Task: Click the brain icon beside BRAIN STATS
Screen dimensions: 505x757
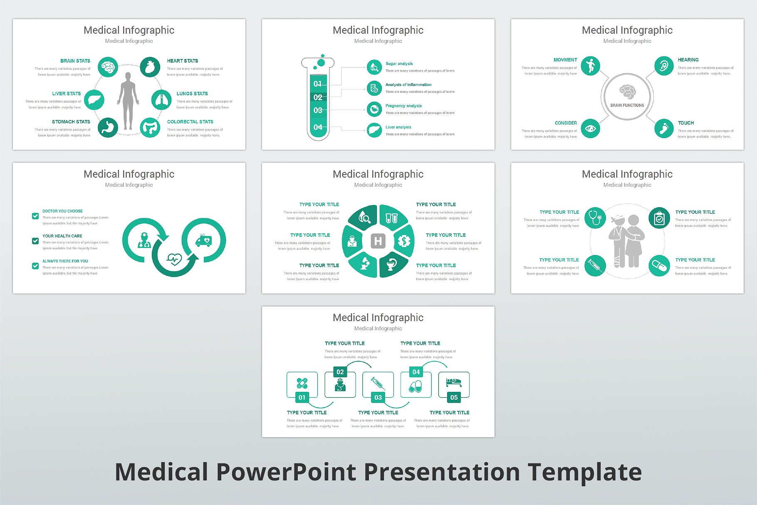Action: click(108, 67)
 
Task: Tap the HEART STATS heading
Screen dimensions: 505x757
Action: click(182, 61)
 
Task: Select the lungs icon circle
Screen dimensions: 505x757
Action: click(161, 100)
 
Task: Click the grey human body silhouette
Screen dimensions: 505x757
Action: click(128, 101)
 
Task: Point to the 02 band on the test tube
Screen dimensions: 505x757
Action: click(318, 97)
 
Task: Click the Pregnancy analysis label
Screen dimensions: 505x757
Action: click(403, 106)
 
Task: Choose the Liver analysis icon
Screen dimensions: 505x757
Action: click(374, 130)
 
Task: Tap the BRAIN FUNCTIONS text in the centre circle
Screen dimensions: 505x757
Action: click(627, 105)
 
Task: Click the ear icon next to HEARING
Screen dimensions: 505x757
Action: click(663, 66)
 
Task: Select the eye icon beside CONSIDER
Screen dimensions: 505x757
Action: click(590, 129)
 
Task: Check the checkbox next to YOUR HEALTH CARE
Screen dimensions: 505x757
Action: click(35, 241)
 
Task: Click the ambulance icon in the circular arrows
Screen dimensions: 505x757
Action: click(204, 240)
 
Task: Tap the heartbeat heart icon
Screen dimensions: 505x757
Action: click(174, 260)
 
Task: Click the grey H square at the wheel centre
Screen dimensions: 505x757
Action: click(378, 241)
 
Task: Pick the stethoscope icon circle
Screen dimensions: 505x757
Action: click(595, 218)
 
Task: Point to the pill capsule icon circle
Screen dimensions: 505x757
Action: click(659, 266)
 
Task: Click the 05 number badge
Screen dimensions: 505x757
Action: click(454, 397)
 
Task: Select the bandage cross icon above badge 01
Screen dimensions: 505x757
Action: click(302, 383)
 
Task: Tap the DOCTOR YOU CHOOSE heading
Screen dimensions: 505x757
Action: click(62, 211)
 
